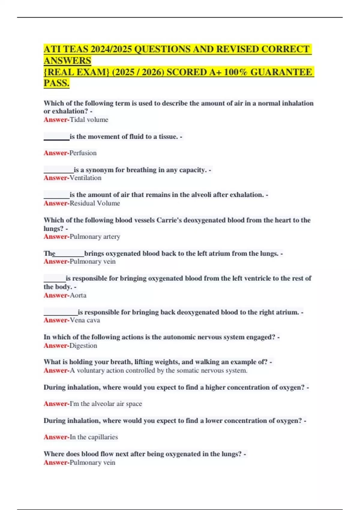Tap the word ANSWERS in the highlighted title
67,61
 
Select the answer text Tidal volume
89,120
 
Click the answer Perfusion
83,153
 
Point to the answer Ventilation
85,178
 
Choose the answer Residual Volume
95,203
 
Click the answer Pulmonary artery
95,237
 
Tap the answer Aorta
78,295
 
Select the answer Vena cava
85,320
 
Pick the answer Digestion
83,346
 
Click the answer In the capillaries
94,437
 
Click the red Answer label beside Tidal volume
56,120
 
